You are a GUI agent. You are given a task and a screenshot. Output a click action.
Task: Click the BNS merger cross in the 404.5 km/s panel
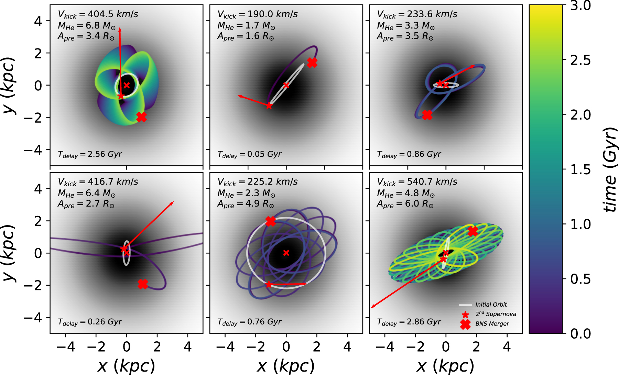141,117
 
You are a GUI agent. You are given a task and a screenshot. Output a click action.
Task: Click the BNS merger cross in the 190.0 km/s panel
312,63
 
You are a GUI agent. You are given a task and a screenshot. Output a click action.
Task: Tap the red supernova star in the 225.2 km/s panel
269,285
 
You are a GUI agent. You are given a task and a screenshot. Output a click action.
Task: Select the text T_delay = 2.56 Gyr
90,154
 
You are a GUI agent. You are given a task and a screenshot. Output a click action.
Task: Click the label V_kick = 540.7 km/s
417,182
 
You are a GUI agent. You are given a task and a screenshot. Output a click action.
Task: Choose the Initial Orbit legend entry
491,305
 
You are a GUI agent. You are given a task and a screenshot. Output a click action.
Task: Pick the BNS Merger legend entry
492,324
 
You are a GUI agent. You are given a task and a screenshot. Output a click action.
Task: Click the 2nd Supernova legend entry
495,314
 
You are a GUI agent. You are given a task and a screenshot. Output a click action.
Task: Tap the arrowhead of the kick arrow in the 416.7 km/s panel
173,202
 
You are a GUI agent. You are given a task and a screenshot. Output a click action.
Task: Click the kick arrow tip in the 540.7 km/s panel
372,308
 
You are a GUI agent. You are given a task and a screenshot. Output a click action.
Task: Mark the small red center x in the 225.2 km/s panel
286,253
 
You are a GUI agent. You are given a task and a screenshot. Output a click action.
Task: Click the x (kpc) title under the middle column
286,366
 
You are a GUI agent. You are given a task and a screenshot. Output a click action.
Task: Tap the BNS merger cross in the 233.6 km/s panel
427,115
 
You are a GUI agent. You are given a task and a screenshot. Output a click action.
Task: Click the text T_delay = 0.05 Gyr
249,154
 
